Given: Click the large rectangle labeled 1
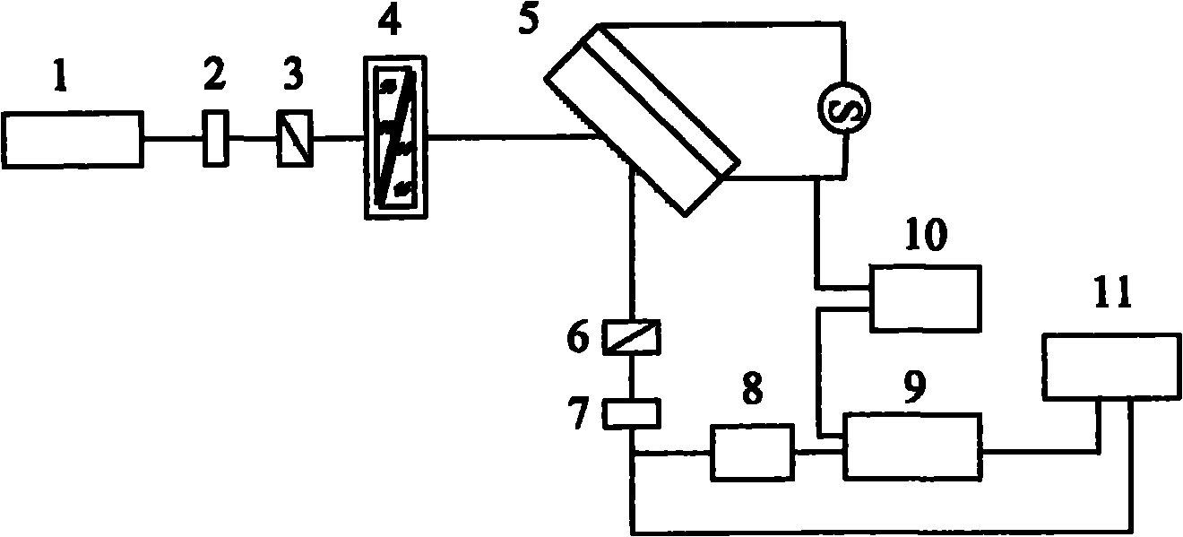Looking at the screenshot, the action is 73,140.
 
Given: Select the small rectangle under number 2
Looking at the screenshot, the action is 216,138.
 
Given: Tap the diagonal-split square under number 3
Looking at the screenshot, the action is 295,138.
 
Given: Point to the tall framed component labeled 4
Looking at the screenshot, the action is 395,137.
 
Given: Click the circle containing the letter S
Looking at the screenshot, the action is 844,108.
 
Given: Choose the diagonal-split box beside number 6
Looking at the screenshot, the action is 632,337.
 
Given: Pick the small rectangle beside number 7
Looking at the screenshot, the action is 632,413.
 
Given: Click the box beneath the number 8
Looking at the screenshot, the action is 753,453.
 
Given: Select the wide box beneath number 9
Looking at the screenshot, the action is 913,446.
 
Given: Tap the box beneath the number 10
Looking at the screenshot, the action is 926,299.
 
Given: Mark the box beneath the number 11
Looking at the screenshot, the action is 1111,366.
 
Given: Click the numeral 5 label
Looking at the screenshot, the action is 529,18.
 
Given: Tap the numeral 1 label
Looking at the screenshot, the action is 61,78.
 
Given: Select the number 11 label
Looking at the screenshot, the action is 1112,291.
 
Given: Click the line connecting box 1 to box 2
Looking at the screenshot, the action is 174,138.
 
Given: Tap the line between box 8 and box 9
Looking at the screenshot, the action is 818,452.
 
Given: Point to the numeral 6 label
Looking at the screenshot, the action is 578,337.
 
